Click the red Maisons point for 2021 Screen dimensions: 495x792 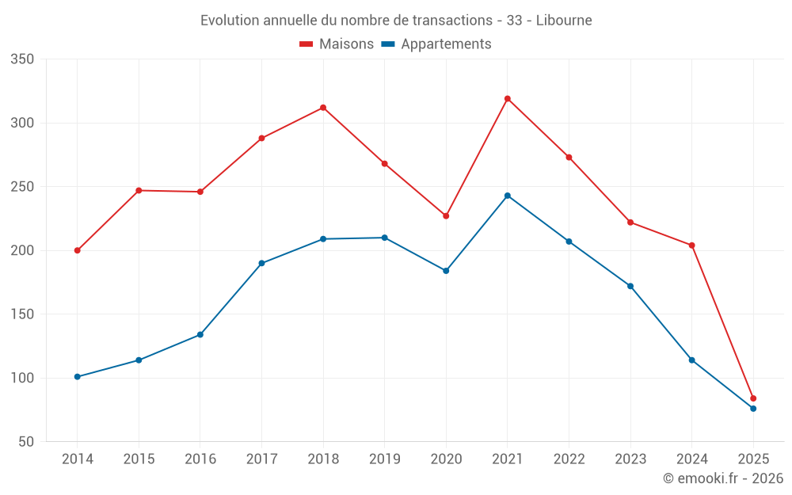508,99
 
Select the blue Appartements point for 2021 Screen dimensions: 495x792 508,196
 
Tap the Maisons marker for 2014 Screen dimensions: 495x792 78,250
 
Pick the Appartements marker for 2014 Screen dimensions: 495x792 78,377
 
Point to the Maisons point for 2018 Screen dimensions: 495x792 323,108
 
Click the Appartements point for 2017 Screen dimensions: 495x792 261,263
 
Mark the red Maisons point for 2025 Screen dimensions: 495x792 753,398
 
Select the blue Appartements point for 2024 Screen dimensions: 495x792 692,360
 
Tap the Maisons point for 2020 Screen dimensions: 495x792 446,216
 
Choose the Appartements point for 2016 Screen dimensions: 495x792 200,334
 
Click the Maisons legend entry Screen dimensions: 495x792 337,44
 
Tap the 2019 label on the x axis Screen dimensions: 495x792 385,459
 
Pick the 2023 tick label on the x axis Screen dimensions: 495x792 630,459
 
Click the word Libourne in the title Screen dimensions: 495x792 564,21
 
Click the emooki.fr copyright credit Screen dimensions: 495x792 723,478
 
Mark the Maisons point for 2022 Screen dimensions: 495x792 569,158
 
